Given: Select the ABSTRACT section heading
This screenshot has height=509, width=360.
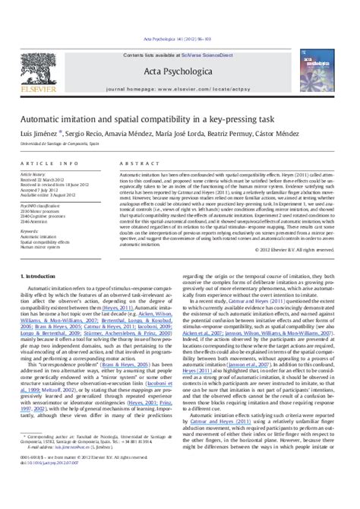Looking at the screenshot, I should [x=134, y=163].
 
